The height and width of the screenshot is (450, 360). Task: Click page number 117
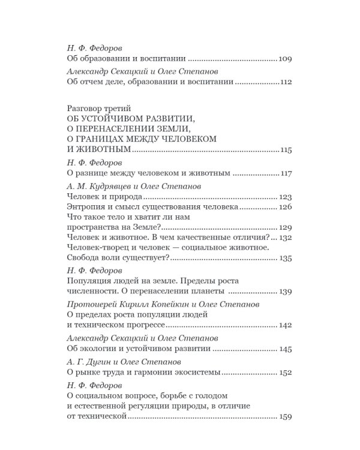(x=286, y=173)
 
